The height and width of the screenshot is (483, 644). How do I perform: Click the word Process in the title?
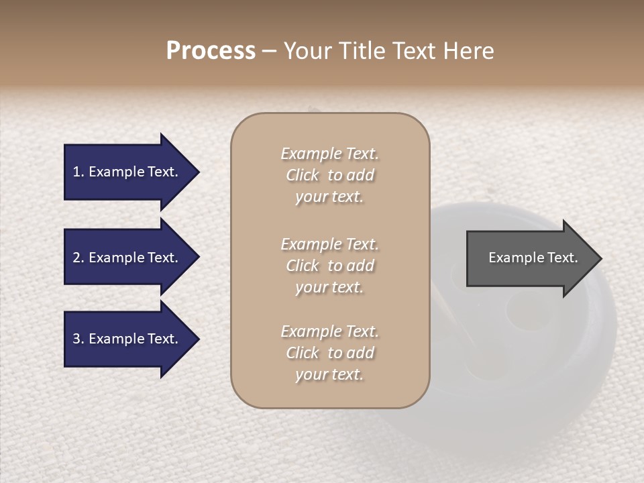pyautogui.click(x=211, y=51)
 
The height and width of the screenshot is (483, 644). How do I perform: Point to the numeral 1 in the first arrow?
pyautogui.click(x=76, y=172)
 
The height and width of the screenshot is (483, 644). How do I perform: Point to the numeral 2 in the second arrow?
pyautogui.click(x=76, y=258)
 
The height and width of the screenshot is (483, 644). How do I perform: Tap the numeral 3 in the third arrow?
pyautogui.click(x=76, y=339)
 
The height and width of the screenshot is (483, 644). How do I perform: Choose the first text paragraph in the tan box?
pyautogui.click(x=329, y=175)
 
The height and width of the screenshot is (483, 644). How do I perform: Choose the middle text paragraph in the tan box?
pyautogui.click(x=329, y=266)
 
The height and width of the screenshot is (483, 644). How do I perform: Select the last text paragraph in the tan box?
pyautogui.click(x=329, y=353)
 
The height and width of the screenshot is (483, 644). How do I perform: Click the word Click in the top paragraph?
pyautogui.click(x=303, y=175)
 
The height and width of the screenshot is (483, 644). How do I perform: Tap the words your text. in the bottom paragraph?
pyautogui.click(x=329, y=374)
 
